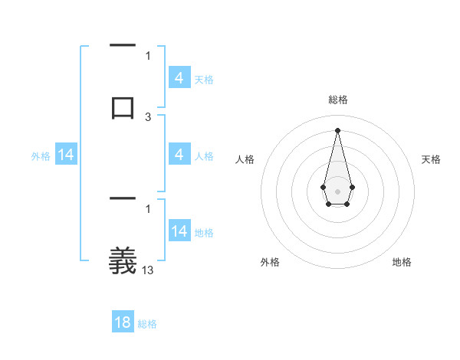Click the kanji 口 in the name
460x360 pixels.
(x=123, y=106)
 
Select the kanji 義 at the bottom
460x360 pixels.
(x=123, y=261)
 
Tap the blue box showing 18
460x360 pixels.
(x=123, y=322)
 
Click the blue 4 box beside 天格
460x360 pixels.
(x=179, y=78)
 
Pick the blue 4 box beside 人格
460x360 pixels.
(x=179, y=155)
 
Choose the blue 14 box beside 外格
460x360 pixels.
(x=66, y=155)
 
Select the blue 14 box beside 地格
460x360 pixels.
(x=179, y=232)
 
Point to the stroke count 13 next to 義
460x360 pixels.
(x=148, y=270)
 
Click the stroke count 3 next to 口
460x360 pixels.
(x=148, y=117)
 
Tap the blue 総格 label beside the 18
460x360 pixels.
(x=147, y=324)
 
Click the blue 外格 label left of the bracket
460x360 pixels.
(x=41, y=156)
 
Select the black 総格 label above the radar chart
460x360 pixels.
(x=337, y=100)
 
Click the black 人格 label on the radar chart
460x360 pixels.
(x=245, y=159)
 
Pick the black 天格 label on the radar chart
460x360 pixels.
(x=431, y=159)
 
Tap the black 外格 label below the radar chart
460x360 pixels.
(x=270, y=262)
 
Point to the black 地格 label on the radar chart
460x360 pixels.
(x=402, y=262)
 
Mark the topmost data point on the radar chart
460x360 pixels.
(x=337, y=129)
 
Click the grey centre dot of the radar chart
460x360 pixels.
(x=337, y=190)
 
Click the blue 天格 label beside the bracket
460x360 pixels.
(x=204, y=80)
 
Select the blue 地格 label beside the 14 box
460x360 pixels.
(x=204, y=233)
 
